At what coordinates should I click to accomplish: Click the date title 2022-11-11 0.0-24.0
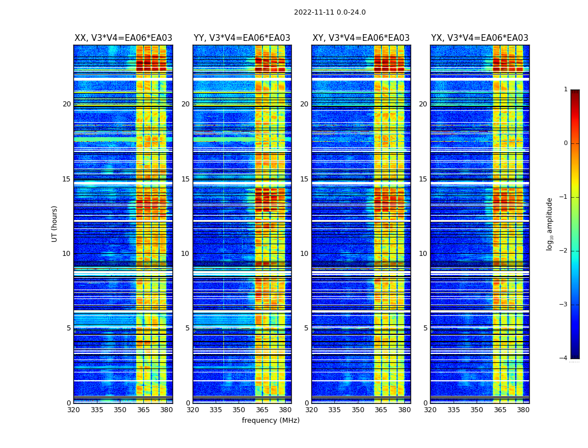click(x=329, y=12)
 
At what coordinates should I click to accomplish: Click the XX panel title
click(x=123, y=38)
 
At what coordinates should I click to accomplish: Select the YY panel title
click(x=242, y=38)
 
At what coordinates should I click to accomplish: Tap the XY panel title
click(x=361, y=38)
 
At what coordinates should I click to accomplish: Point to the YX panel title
click(x=479, y=38)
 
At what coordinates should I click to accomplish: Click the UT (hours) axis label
click(x=54, y=223)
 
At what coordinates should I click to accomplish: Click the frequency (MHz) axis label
click(x=270, y=421)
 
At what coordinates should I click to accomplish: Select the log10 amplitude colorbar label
click(x=550, y=223)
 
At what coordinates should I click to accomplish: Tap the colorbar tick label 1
click(x=566, y=90)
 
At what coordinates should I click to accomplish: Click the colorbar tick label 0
click(x=566, y=143)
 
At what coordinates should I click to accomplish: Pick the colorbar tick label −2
click(x=564, y=251)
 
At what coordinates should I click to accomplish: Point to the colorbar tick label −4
click(x=564, y=358)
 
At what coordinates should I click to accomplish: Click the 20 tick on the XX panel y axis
click(x=67, y=104)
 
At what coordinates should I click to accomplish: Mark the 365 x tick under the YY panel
click(x=262, y=410)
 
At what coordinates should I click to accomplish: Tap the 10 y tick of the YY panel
click(x=185, y=254)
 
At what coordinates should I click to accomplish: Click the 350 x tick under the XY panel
click(x=358, y=410)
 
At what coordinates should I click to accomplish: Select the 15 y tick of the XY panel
click(x=304, y=179)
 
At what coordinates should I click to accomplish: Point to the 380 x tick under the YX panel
click(x=523, y=410)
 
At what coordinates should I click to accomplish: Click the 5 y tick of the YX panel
click(x=425, y=328)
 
